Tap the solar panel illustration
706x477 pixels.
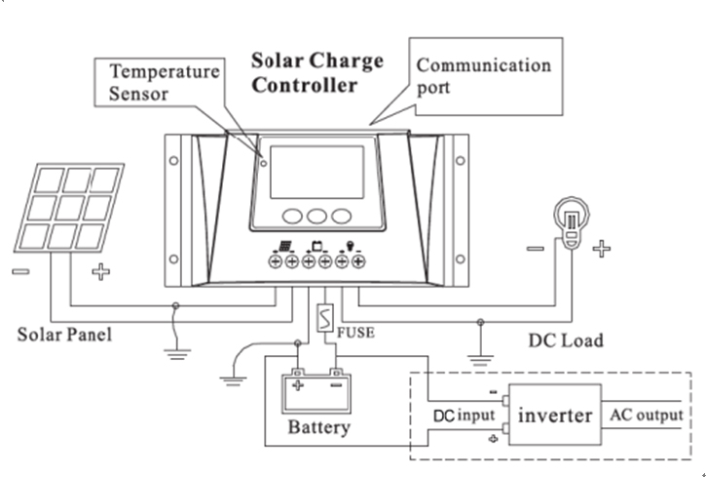pyautogui.click(x=68, y=208)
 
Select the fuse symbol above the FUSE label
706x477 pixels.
pyautogui.click(x=325, y=319)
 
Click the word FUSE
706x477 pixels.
pyautogui.click(x=355, y=332)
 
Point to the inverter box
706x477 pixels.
pyautogui.click(x=554, y=416)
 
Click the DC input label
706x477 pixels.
pyautogui.click(x=464, y=417)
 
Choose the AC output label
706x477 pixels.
pyautogui.click(x=646, y=416)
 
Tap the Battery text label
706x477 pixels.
pyautogui.click(x=318, y=427)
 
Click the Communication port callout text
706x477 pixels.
pyautogui.click(x=483, y=76)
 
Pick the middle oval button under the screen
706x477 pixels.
pyautogui.click(x=315, y=216)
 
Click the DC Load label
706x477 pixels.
pyautogui.click(x=565, y=340)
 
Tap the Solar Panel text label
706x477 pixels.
pyautogui.click(x=65, y=335)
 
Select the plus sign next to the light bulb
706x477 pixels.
pyautogui.click(x=603, y=250)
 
